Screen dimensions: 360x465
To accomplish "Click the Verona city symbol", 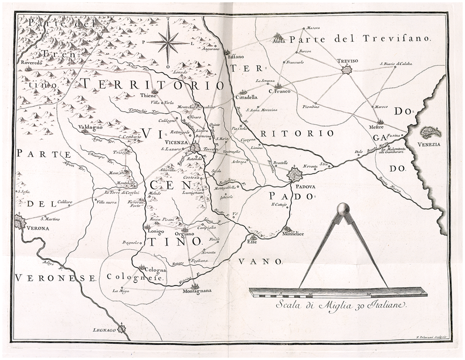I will click(x=19, y=221).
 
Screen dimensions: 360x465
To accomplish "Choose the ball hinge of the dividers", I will click(x=343, y=209).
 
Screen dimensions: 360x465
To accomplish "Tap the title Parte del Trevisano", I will click(x=360, y=39).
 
